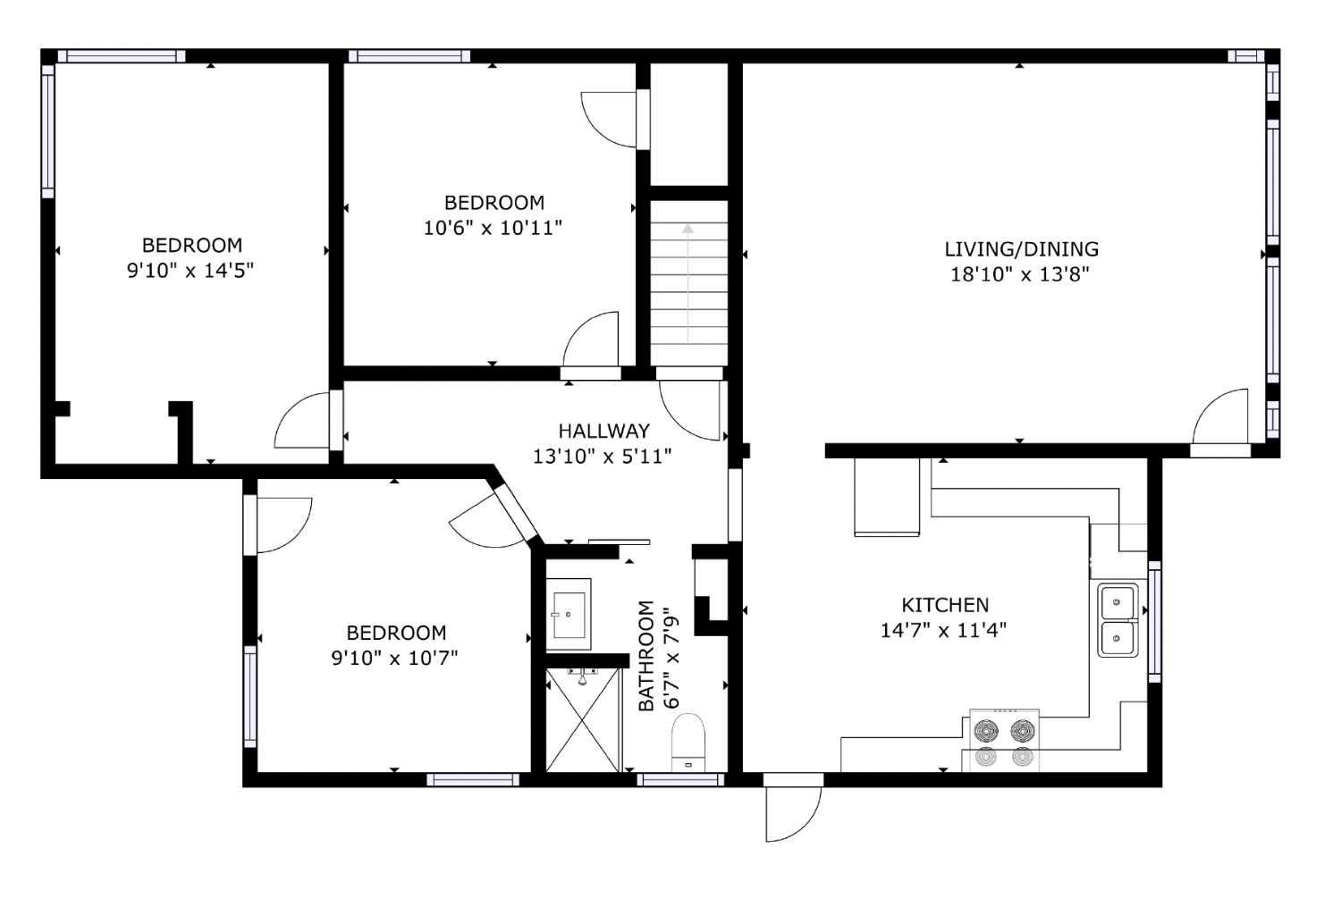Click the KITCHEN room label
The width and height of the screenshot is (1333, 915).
[944, 605]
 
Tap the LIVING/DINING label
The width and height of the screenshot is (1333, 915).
[1021, 249]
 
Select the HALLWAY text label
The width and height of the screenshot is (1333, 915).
[603, 432]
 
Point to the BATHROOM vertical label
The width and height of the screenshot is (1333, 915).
[646, 656]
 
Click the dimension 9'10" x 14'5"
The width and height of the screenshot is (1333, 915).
[190, 270]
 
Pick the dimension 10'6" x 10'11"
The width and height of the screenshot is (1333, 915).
[493, 228]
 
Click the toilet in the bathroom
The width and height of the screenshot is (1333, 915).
[688, 743]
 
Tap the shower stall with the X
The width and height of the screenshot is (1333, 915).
[582, 720]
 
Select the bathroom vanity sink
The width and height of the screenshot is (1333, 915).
[567, 614]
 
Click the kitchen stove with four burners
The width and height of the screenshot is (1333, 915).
[1004, 742]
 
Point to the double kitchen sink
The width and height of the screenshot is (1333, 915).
[1118, 620]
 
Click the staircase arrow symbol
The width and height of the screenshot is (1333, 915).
[688, 230]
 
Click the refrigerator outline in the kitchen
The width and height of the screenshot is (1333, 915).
[886, 497]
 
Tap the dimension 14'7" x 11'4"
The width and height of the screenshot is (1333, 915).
[943, 630]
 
